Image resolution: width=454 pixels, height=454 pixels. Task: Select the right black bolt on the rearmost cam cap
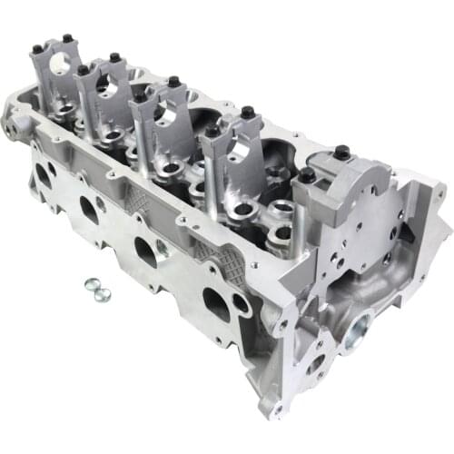tap(67, 39)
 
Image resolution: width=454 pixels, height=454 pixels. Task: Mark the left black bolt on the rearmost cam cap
tap(35, 48)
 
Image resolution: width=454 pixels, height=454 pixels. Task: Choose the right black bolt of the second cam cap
tap(115, 58)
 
